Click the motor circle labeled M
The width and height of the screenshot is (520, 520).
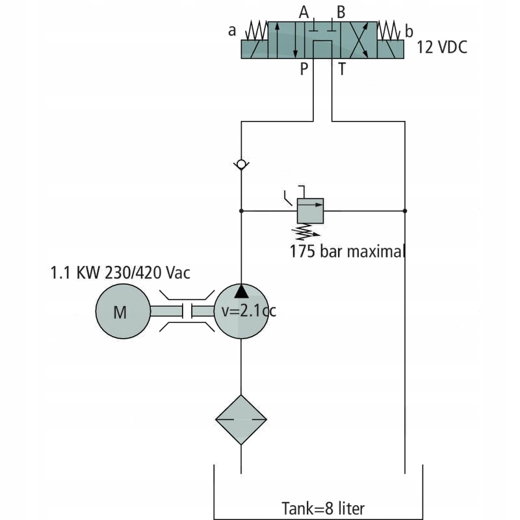click(x=120, y=311)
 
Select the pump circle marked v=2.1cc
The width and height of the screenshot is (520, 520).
click(x=241, y=311)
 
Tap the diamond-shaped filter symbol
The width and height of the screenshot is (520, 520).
click(x=241, y=420)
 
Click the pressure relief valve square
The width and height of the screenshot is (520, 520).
click(x=310, y=211)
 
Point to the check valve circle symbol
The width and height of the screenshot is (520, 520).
click(x=241, y=165)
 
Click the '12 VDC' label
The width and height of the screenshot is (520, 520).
click(x=441, y=47)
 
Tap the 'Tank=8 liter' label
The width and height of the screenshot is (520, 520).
click(x=327, y=508)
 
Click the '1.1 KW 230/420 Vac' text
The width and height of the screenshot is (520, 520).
click(x=120, y=272)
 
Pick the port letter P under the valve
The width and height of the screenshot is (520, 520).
click(x=303, y=70)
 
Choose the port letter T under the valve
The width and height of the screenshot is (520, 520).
click(x=341, y=70)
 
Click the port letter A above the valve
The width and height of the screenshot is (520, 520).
click(x=303, y=12)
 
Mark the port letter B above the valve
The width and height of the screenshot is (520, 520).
click(x=341, y=12)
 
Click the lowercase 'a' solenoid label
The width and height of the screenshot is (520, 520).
click(x=232, y=31)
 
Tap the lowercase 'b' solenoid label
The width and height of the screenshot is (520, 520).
click(x=409, y=31)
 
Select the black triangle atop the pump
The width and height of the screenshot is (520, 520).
click(x=241, y=289)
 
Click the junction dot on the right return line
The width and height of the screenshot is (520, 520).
click(x=404, y=211)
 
